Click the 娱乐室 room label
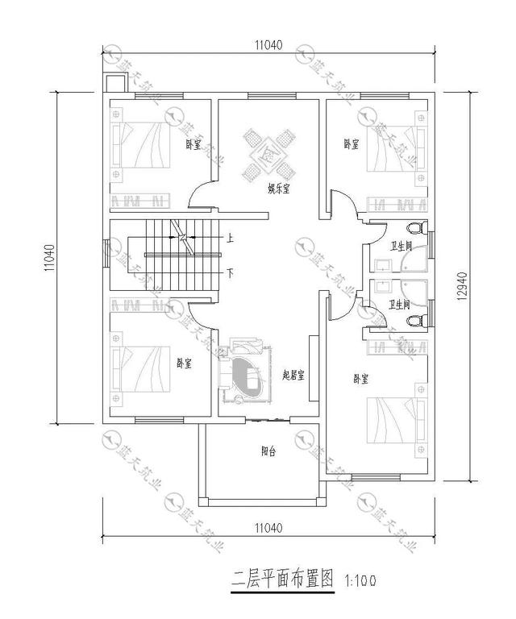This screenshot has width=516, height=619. click(279, 189)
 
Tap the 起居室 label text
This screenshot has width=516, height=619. click(293, 375)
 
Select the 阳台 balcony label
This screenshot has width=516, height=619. click(268, 452)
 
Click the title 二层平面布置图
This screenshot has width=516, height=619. click(282, 579)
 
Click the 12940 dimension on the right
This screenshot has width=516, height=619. click(462, 285)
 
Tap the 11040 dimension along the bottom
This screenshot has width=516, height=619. click(268, 528)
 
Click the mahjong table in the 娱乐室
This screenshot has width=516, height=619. click(268, 154)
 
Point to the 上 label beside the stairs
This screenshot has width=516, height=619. click(230, 238)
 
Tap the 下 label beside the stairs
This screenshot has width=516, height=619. click(230, 273)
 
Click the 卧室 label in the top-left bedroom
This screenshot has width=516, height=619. click(193, 145)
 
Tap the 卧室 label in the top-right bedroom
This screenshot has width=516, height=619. click(351, 144)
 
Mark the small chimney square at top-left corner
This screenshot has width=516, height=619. click(113, 82)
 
